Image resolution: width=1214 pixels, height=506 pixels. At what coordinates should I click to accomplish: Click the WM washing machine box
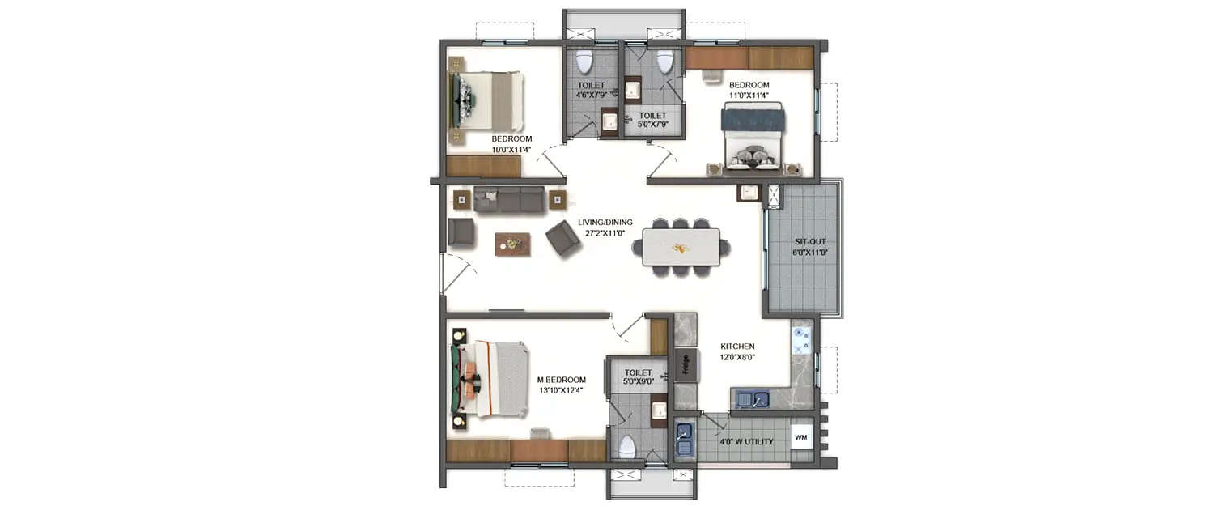(x=801, y=438)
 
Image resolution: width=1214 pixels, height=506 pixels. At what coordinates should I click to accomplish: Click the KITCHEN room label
(x=737, y=346)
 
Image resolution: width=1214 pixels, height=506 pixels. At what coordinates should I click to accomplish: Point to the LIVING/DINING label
(x=605, y=223)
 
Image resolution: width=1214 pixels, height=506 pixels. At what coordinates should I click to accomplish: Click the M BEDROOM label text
(x=561, y=380)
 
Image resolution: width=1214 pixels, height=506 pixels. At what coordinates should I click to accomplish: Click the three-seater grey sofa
(x=509, y=199)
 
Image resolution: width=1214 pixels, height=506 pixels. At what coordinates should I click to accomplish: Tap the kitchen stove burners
(x=801, y=341)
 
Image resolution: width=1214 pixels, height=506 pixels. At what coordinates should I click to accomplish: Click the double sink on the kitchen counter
(x=753, y=398)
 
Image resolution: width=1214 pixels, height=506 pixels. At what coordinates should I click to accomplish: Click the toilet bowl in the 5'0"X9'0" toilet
(x=627, y=447)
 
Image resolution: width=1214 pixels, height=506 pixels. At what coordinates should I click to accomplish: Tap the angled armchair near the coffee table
(x=561, y=238)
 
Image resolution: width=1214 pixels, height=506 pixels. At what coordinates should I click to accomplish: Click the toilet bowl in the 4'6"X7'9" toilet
(x=584, y=62)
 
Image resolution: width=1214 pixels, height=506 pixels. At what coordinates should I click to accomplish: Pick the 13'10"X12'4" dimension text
(x=561, y=390)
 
